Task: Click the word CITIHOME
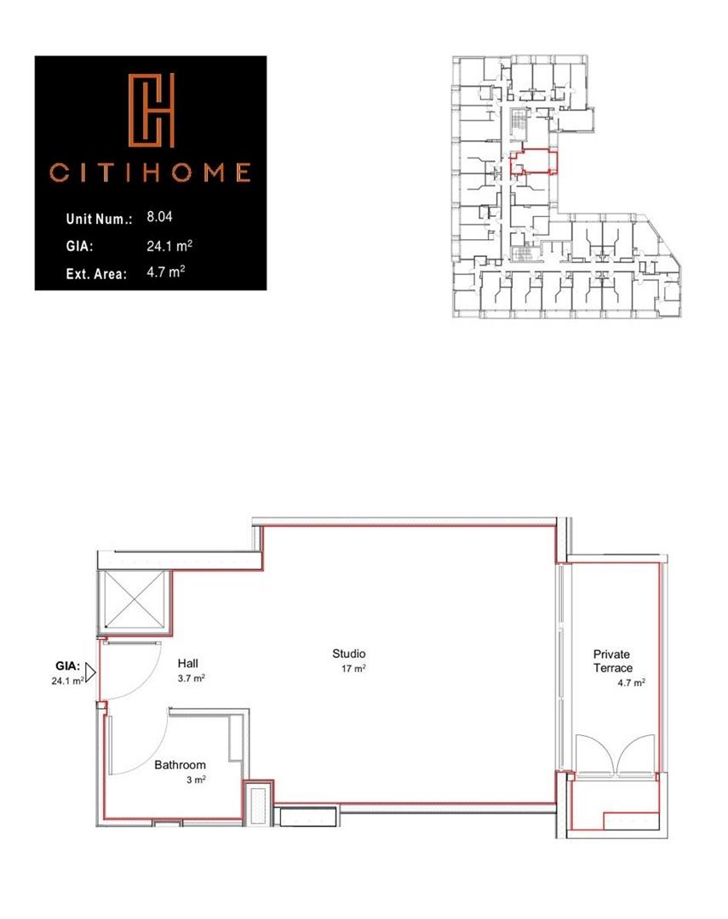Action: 150,174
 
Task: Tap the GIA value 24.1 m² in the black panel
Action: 169,246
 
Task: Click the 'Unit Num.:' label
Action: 99,219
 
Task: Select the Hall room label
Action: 187,663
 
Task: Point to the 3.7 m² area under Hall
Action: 191,679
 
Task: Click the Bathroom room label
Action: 180,765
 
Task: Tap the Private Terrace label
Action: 612,661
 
